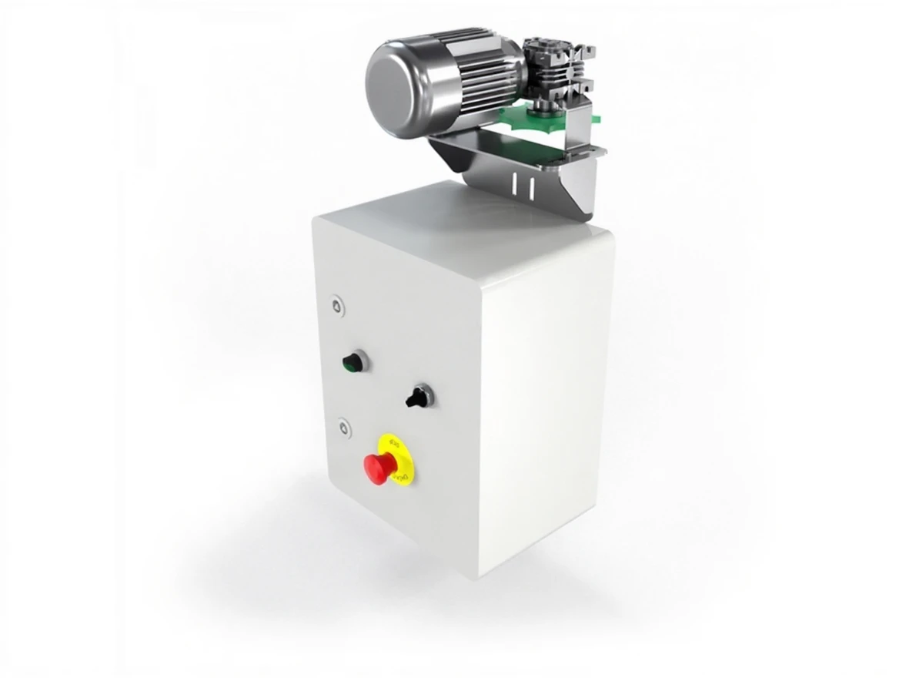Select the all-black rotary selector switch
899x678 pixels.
[x=418, y=398]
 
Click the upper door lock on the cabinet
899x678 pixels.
[x=336, y=306]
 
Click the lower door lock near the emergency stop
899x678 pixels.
[x=342, y=426]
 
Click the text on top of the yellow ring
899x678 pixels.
[x=394, y=443]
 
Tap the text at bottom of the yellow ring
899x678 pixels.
[x=399, y=479]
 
